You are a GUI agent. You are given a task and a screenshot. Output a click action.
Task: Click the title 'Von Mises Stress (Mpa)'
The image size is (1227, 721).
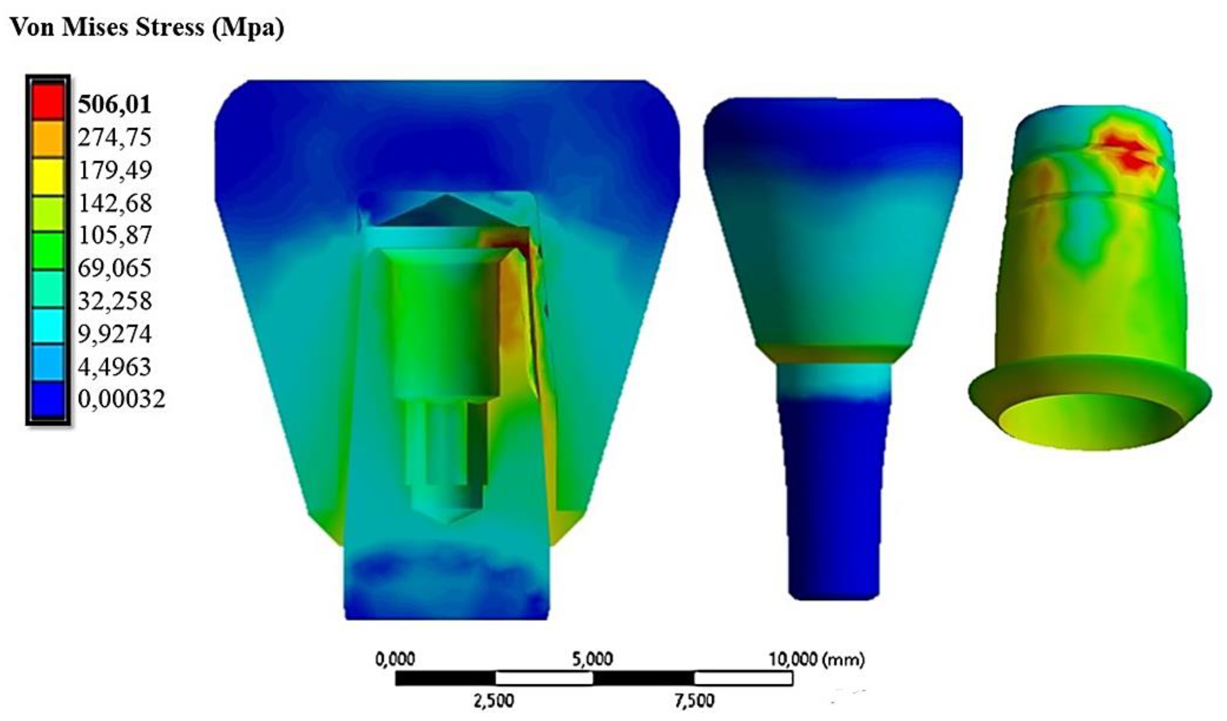[x=147, y=27]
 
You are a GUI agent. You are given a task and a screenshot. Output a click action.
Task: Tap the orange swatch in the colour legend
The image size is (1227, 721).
[x=48, y=138]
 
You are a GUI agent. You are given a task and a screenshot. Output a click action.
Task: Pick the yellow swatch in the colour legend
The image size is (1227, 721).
[x=48, y=175]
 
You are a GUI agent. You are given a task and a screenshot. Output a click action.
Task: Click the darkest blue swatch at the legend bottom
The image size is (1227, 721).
[x=48, y=399]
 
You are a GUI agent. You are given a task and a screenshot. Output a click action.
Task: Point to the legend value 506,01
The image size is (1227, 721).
[x=114, y=105]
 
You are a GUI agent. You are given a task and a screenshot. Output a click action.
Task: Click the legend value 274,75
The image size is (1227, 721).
[x=114, y=138]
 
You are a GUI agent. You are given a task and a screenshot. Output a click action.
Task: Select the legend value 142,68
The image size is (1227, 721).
[x=115, y=203]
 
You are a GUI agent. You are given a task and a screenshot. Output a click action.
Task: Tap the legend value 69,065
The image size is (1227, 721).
[x=114, y=268]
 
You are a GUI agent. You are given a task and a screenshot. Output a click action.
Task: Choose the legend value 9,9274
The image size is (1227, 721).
[x=114, y=334]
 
